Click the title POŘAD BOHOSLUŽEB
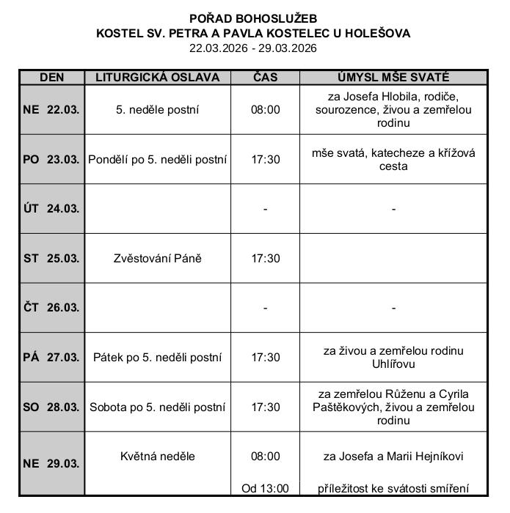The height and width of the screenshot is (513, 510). coord(253,18)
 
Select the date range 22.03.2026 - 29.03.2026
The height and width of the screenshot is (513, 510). coord(253,48)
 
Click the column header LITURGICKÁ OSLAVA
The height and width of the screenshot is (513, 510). coord(157,78)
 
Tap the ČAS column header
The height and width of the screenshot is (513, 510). coord(265,78)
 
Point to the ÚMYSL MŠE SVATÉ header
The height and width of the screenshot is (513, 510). coord(393,78)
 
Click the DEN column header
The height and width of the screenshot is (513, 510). coord(51,78)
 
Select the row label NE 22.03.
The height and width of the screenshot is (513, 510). coord(51,110)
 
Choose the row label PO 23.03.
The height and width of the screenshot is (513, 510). coord(51,159)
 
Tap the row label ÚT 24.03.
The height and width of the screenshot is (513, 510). coord(51,209)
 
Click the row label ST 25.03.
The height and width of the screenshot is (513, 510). coord(51,258)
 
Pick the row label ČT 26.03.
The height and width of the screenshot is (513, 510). coord(51,308)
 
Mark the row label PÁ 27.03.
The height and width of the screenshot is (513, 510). coord(51,358)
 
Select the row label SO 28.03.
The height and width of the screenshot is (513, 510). coord(51,407)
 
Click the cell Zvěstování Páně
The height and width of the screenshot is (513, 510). coord(157,258)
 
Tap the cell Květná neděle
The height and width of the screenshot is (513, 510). coord(157,456)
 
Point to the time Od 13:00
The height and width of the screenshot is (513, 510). coord(265,488)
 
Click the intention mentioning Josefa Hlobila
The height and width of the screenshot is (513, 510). coord(393,110)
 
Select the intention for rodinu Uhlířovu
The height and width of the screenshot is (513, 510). coord(393,358)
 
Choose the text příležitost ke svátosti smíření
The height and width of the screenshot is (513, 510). coord(393,488)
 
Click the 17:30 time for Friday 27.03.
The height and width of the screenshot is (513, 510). coord(265,358)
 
